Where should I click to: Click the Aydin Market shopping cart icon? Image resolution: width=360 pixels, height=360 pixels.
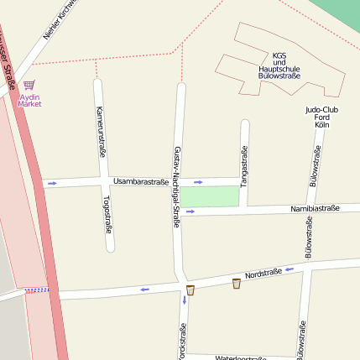point(29,86)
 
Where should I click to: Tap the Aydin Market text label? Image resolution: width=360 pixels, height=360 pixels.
point(29,101)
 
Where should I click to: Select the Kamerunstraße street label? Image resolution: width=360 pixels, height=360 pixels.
point(100,133)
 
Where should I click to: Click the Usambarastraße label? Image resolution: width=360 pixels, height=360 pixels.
point(141,181)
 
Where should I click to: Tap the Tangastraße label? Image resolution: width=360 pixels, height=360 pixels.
point(244,164)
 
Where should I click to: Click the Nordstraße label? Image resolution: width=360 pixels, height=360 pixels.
point(261,274)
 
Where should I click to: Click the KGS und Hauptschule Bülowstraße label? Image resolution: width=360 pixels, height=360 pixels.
point(280,65)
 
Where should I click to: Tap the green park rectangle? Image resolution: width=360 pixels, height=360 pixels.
point(211,196)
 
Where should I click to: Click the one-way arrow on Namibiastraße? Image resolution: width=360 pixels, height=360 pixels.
point(190,211)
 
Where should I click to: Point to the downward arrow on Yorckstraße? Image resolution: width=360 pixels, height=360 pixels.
point(184,300)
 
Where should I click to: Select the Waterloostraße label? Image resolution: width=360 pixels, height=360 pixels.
point(241,357)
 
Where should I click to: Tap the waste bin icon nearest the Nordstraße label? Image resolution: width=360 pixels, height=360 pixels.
point(237,284)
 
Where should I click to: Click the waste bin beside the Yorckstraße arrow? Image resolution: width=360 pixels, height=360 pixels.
point(190,290)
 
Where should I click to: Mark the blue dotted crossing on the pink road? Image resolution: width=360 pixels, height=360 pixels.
point(37,290)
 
